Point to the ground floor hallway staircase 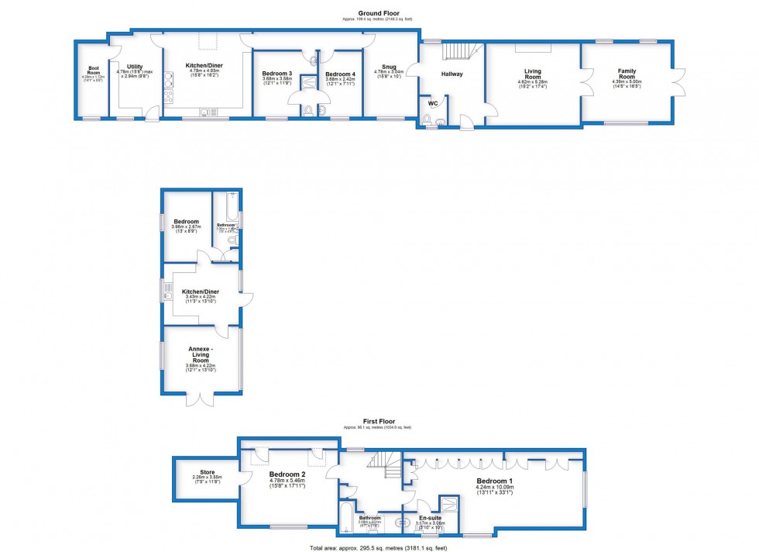point(457,52)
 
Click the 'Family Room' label point(627,73)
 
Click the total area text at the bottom point(378,547)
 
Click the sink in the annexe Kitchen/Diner point(167,292)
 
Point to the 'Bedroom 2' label point(287,474)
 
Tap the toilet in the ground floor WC point(427,119)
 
